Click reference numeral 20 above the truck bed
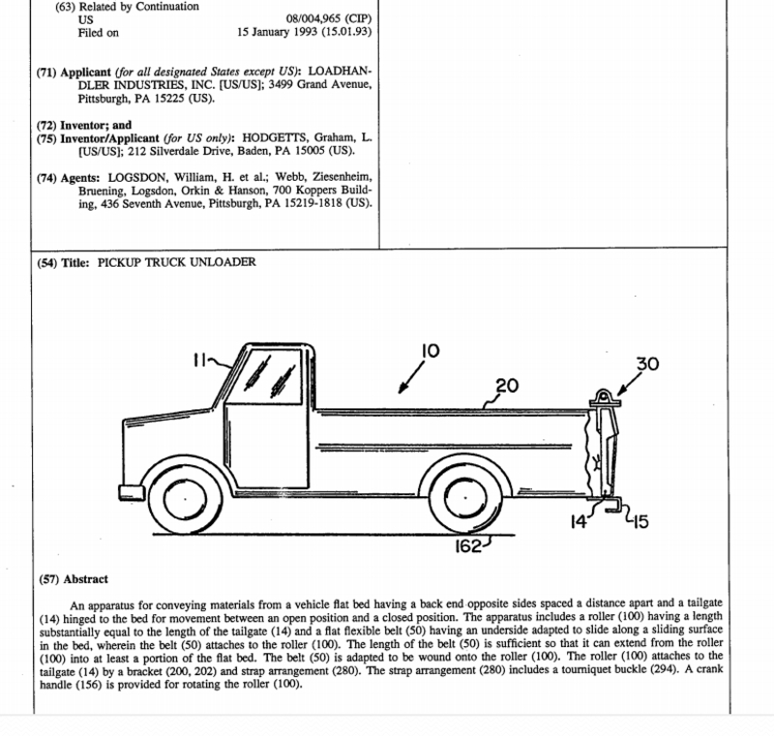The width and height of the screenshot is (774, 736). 507,385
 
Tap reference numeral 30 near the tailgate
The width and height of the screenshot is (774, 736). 647,365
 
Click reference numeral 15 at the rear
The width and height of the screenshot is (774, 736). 640,523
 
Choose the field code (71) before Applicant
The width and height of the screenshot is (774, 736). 47,72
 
